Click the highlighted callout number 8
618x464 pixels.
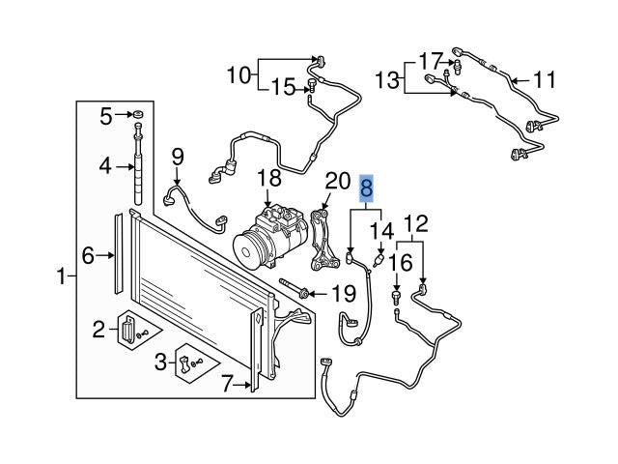pos(367,188)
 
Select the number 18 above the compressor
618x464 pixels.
pos(269,178)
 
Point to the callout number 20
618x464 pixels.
pos(338,181)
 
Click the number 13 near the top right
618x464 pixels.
pos(387,80)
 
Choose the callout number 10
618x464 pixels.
pos(239,74)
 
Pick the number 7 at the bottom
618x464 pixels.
pos(228,384)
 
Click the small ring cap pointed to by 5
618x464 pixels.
pos(138,115)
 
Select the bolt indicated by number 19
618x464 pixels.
pos(294,288)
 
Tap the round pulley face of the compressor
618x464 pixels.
pos(248,251)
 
